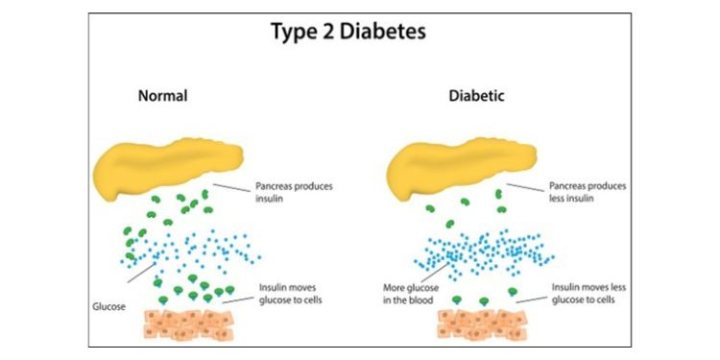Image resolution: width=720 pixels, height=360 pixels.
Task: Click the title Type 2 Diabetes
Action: pyautogui.click(x=360, y=31)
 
